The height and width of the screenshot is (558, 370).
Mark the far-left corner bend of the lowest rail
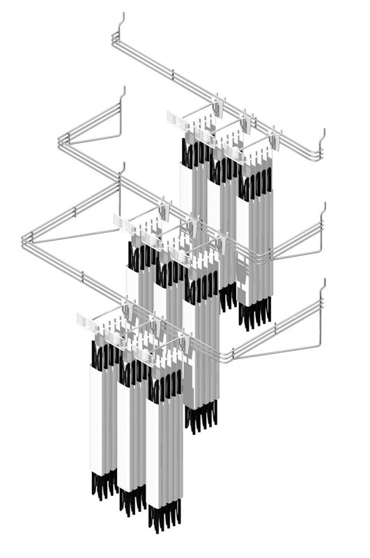(26, 241)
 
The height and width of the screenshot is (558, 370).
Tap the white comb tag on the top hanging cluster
(177, 119)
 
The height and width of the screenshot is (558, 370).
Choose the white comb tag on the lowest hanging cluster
(86, 322)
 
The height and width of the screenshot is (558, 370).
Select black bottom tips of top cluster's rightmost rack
(255, 314)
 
